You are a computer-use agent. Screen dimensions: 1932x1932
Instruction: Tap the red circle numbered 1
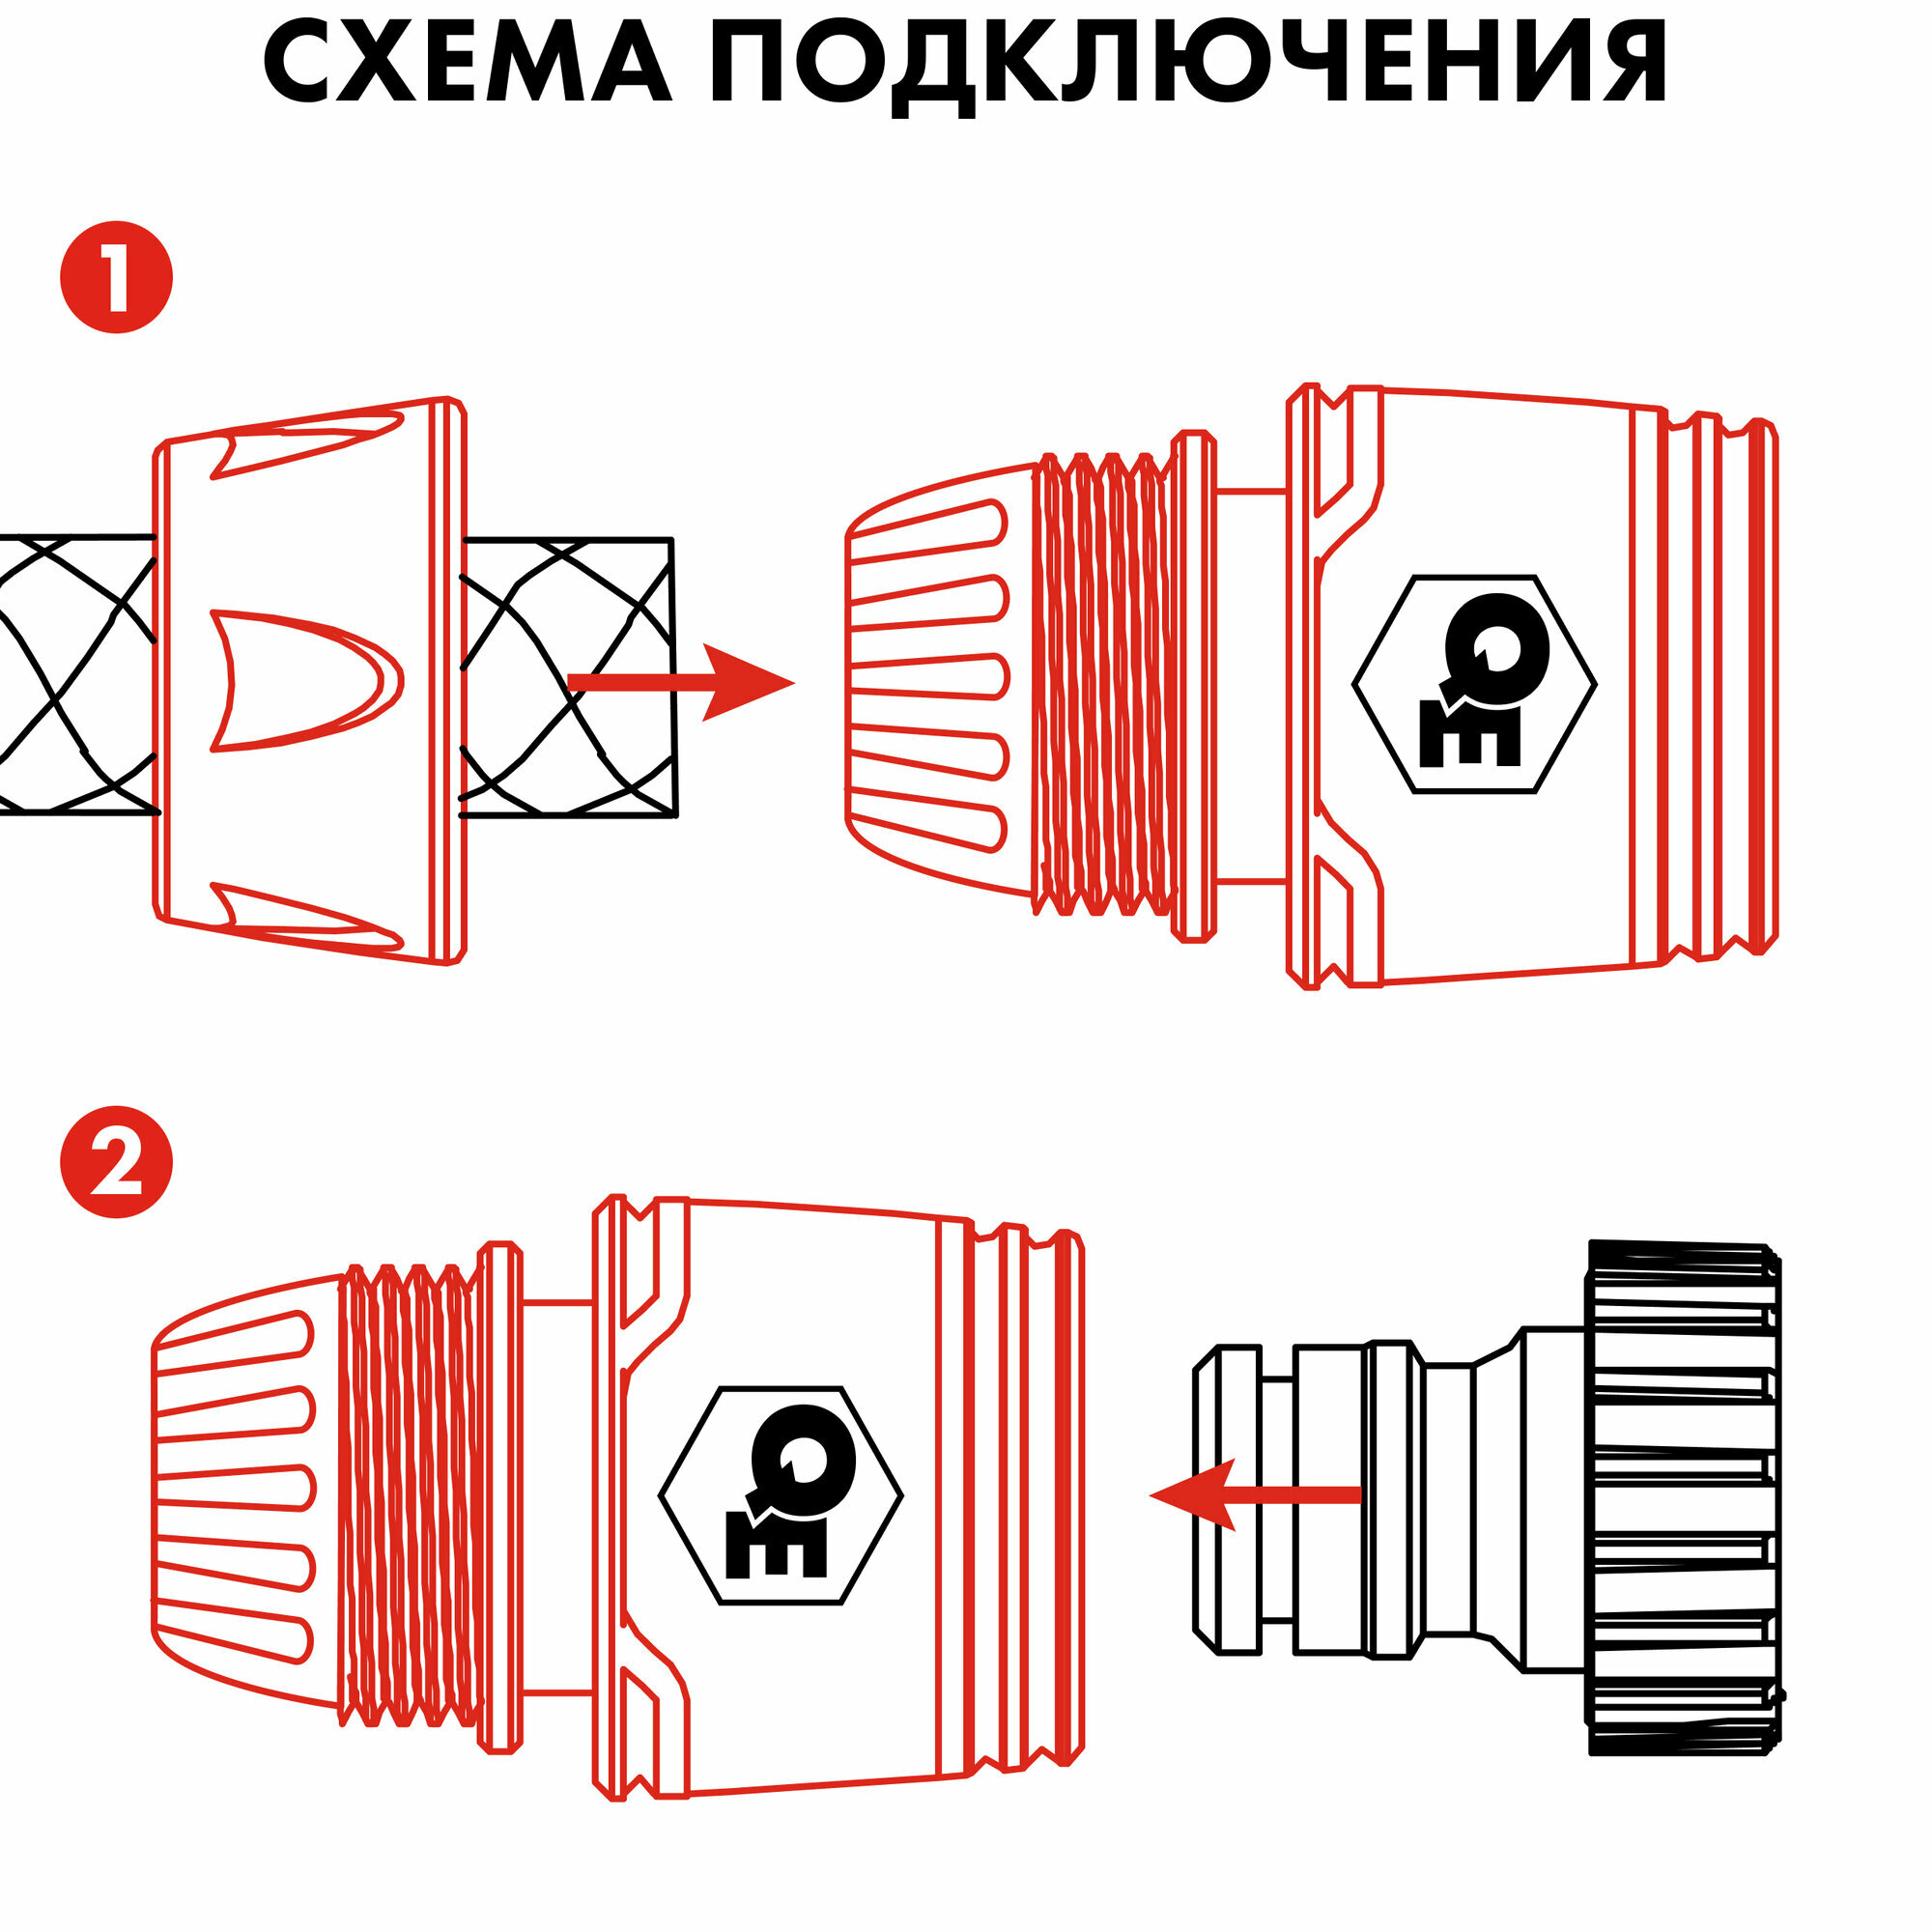point(117,277)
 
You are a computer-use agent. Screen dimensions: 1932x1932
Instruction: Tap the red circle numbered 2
point(117,1162)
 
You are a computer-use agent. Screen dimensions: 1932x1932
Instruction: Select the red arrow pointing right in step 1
point(680,682)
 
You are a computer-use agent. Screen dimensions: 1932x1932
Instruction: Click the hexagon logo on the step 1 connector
point(1474,685)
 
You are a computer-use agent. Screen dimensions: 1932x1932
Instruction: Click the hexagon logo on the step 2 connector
point(780,1496)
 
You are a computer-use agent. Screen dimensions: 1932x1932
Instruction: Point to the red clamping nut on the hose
point(310,680)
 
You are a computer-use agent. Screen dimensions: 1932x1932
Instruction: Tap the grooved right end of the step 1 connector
point(1720,684)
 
